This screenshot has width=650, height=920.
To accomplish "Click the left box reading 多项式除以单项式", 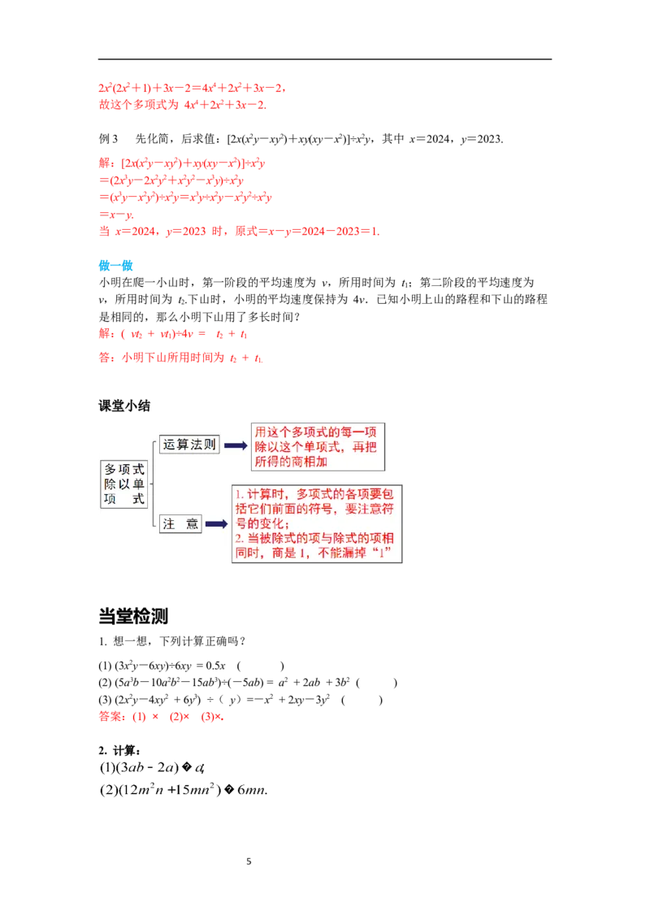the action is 124,484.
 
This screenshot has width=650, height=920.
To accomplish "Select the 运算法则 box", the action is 189,444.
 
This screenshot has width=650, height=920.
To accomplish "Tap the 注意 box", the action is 180,524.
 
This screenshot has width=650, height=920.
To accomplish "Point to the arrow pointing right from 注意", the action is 216,524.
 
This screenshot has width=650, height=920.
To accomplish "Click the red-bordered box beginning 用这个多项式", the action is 317,445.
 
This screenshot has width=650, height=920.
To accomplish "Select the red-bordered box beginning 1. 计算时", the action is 318,524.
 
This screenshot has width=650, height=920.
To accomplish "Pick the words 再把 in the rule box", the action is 366,446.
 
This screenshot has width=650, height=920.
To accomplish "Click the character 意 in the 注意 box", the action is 193,524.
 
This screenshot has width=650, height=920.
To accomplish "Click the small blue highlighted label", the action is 115,264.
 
